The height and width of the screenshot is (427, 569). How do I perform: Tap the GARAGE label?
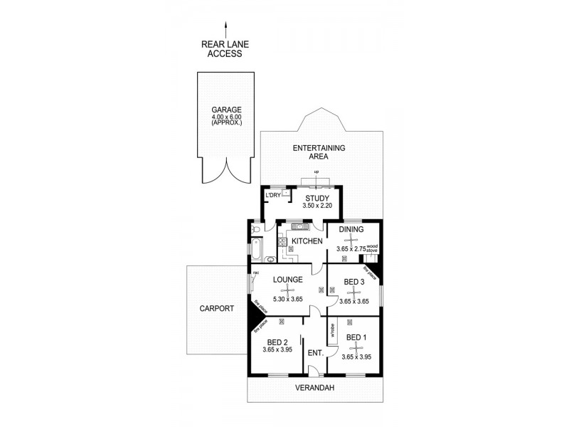[226, 110]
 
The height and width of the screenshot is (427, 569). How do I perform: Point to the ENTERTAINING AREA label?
[319, 152]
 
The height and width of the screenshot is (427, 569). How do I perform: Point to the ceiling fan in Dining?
[351, 240]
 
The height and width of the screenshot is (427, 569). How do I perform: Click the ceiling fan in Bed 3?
[353, 291]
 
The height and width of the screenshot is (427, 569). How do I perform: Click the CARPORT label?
[217, 309]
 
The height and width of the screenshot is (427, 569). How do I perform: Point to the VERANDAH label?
[316, 388]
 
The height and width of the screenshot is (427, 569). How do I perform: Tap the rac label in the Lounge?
[255, 273]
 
